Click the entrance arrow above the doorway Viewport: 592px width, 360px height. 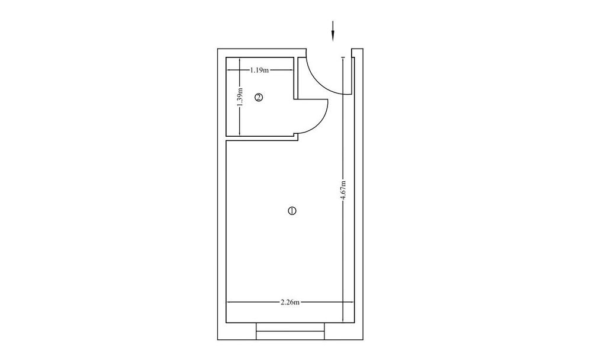[x=333, y=31]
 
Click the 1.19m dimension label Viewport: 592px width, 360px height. [x=259, y=70]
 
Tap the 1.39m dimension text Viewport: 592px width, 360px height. [x=240, y=98]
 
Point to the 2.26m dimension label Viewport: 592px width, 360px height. [x=290, y=302]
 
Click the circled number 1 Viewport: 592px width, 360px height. [x=292, y=211]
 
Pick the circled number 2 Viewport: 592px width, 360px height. [x=259, y=98]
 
